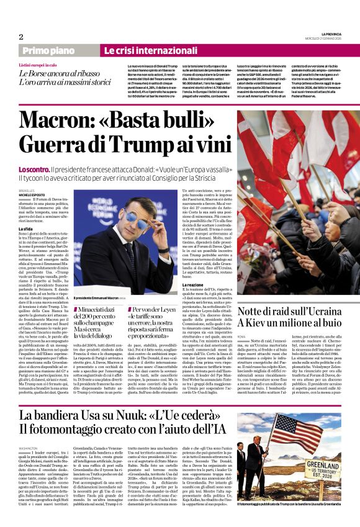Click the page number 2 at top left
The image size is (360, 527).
pos(21,37)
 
